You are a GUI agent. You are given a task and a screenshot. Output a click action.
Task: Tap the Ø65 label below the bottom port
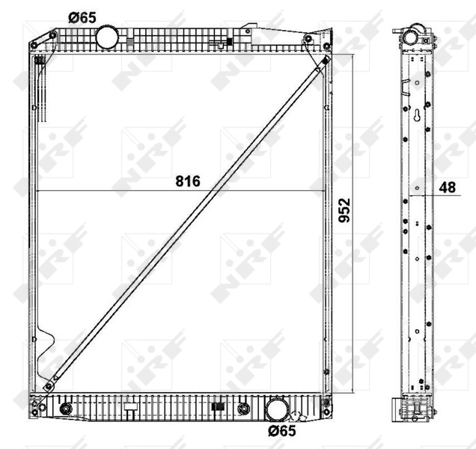(x=282, y=432)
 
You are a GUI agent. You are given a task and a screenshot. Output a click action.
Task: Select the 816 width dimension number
(x=188, y=182)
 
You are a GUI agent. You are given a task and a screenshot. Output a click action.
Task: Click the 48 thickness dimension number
(x=448, y=188)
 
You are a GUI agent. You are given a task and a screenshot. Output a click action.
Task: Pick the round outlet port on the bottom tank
(x=277, y=409)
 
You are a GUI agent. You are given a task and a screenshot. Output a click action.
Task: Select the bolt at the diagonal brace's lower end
(x=49, y=386)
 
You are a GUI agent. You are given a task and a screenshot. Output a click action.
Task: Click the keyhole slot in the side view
(x=415, y=117)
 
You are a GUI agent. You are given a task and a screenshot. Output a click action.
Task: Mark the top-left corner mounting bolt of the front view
(x=55, y=34)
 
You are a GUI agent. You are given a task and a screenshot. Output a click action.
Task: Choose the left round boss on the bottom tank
(x=66, y=409)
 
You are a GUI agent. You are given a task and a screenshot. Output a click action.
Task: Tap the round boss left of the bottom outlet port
(x=242, y=409)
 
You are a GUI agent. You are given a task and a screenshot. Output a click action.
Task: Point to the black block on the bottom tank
(x=219, y=408)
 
